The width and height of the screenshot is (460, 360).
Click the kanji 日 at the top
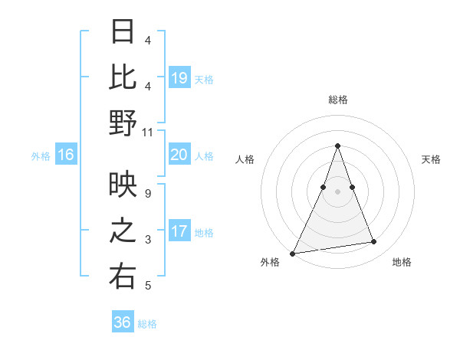coord(123,32)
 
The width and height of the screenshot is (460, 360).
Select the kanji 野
coord(123,123)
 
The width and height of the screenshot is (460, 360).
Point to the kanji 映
coord(123,184)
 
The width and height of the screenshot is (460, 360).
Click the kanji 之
coord(123,231)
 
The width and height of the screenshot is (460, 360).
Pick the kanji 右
coord(123,277)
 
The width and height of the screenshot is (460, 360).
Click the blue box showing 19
coord(179,77)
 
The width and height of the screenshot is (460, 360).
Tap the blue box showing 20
coord(179,155)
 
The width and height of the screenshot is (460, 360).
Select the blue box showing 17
coord(179,231)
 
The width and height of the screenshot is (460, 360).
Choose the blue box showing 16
coord(66,155)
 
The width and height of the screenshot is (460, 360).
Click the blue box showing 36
coord(122,322)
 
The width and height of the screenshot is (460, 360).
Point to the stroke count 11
coord(148,132)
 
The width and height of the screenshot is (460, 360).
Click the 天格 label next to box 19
coord(204,79)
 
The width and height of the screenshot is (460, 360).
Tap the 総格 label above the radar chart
coord(337,100)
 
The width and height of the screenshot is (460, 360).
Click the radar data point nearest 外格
coord(293,253)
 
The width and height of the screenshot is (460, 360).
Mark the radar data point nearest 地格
coord(374,242)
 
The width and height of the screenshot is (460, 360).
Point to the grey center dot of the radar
coord(337,191)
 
